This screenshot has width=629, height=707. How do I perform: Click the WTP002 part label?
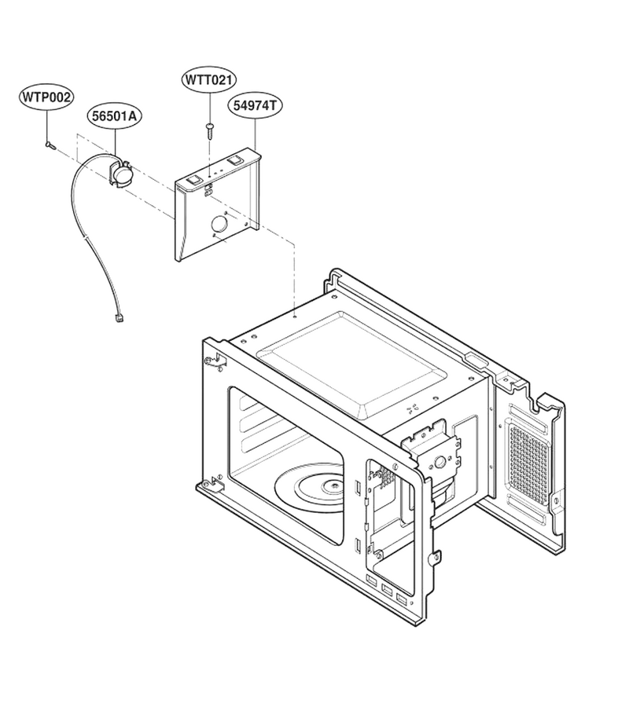(x=47, y=97)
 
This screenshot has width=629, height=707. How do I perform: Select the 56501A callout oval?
(x=114, y=116)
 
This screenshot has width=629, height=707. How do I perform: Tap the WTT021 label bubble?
(x=209, y=80)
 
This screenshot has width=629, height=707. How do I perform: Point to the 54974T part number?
(x=255, y=105)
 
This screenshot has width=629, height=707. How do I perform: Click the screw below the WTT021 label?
(x=209, y=131)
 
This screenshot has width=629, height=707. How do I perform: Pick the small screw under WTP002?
(x=50, y=145)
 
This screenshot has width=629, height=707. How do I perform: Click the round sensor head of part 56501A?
(x=122, y=175)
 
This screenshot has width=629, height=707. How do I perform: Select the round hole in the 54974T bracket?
(x=219, y=224)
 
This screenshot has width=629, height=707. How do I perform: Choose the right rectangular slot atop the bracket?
(x=234, y=159)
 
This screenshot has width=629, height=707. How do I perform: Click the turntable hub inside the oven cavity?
(x=334, y=485)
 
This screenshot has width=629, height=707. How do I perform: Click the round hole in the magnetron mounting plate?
(x=440, y=461)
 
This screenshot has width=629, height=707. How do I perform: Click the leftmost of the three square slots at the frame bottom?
(x=372, y=580)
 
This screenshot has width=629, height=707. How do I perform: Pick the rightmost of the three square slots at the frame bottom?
(x=401, y=598)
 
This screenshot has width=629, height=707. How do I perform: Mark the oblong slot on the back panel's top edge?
(x=476, y=359)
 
